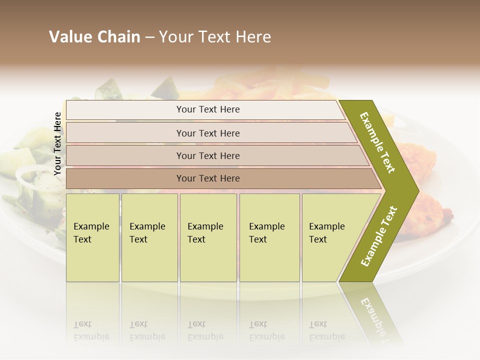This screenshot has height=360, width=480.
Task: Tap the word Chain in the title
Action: tap(118, 37)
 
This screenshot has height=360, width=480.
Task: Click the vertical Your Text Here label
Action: tap(57, 143)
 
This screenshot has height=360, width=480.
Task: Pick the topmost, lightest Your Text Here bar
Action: tap(207, 109)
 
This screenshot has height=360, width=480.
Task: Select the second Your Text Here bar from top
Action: tap(207, 133)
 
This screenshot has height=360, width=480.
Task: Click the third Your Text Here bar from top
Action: tap(207, 155)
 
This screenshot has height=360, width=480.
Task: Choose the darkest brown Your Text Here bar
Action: tap(207, 178)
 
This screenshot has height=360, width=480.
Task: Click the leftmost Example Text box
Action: tap(92, 237)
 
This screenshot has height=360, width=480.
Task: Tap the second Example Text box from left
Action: tap(149, 237)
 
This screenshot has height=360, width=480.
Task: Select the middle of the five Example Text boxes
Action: tap(207, 237)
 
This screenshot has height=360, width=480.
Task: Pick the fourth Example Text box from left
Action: tap(269, 237)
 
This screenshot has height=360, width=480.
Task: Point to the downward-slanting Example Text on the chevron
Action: tap(377, 142)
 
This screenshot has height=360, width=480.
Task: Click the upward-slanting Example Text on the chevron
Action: tap(379, 236)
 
